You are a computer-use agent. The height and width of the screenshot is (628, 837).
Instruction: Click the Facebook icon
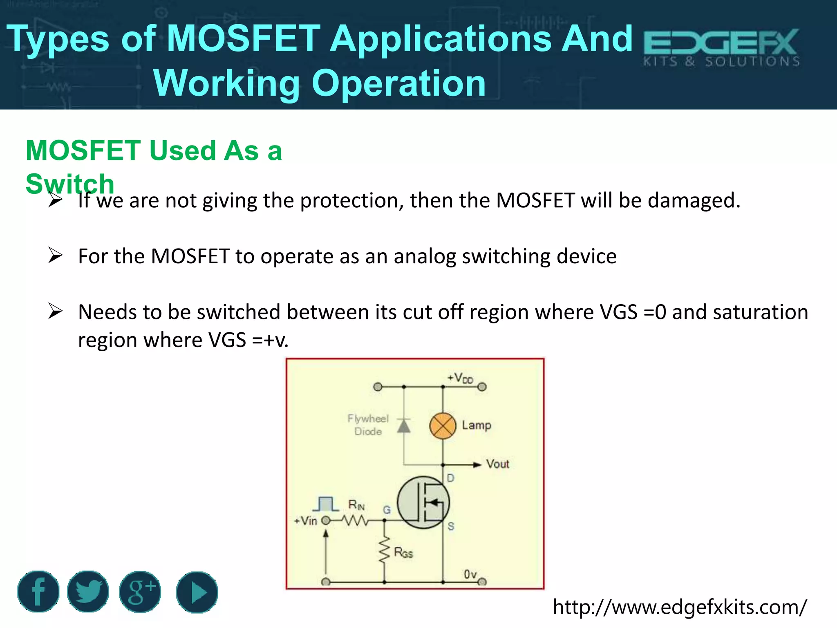coord(38,591)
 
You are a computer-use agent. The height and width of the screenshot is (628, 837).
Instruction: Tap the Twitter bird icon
coord(88,591)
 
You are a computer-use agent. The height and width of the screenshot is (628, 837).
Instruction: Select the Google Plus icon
coord(140,592)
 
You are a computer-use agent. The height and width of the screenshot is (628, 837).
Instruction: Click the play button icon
coord(197,592)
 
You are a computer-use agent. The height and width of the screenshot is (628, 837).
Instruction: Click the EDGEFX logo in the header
coord(721,47)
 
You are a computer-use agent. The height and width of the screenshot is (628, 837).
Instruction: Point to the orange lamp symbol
coord(443,426)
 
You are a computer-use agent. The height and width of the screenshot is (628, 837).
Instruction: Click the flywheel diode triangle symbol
coord(404,426)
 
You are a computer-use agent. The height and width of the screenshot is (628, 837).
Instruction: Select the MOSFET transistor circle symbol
coord(423,502)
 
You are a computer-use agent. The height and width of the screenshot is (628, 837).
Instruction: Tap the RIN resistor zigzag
coord(356,520)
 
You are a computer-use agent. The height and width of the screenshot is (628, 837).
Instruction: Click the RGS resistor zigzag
coord(385,550)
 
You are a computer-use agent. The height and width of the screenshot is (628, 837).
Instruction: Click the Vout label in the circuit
coord(497,464)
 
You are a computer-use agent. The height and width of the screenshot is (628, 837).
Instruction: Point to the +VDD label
coord(460,378)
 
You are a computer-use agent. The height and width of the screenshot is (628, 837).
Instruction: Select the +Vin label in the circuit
coord(306,521)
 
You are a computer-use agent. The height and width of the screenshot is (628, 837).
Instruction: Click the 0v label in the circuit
coord(470,574)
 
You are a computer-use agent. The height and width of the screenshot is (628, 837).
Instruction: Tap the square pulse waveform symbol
coord(326,504)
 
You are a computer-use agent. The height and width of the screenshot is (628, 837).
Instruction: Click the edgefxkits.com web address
coord(680,607)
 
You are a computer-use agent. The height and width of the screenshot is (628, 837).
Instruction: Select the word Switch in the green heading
coord(70,184)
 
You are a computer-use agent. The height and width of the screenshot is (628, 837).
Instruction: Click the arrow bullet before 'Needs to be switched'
coord(55,311)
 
